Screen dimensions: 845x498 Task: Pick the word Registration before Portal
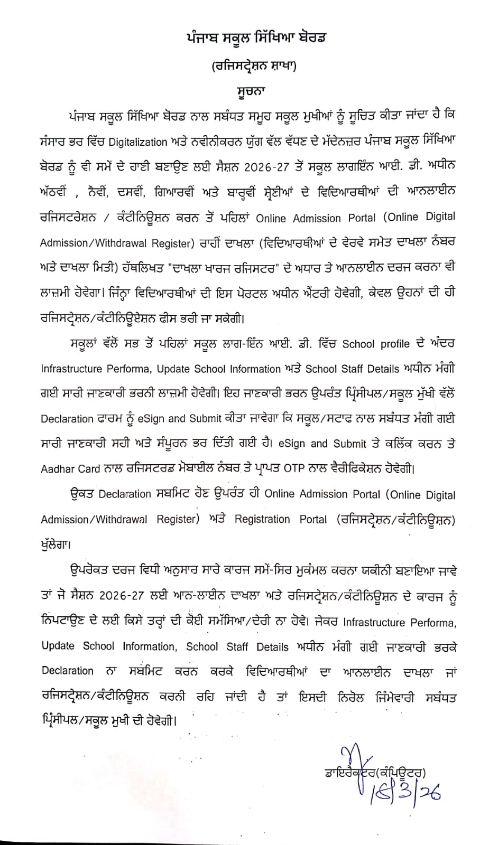pos(262,519)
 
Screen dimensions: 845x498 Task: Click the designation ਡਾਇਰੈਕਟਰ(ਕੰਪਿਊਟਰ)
pos(375,772)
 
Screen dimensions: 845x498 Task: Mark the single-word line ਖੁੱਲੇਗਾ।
pos(56,543)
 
